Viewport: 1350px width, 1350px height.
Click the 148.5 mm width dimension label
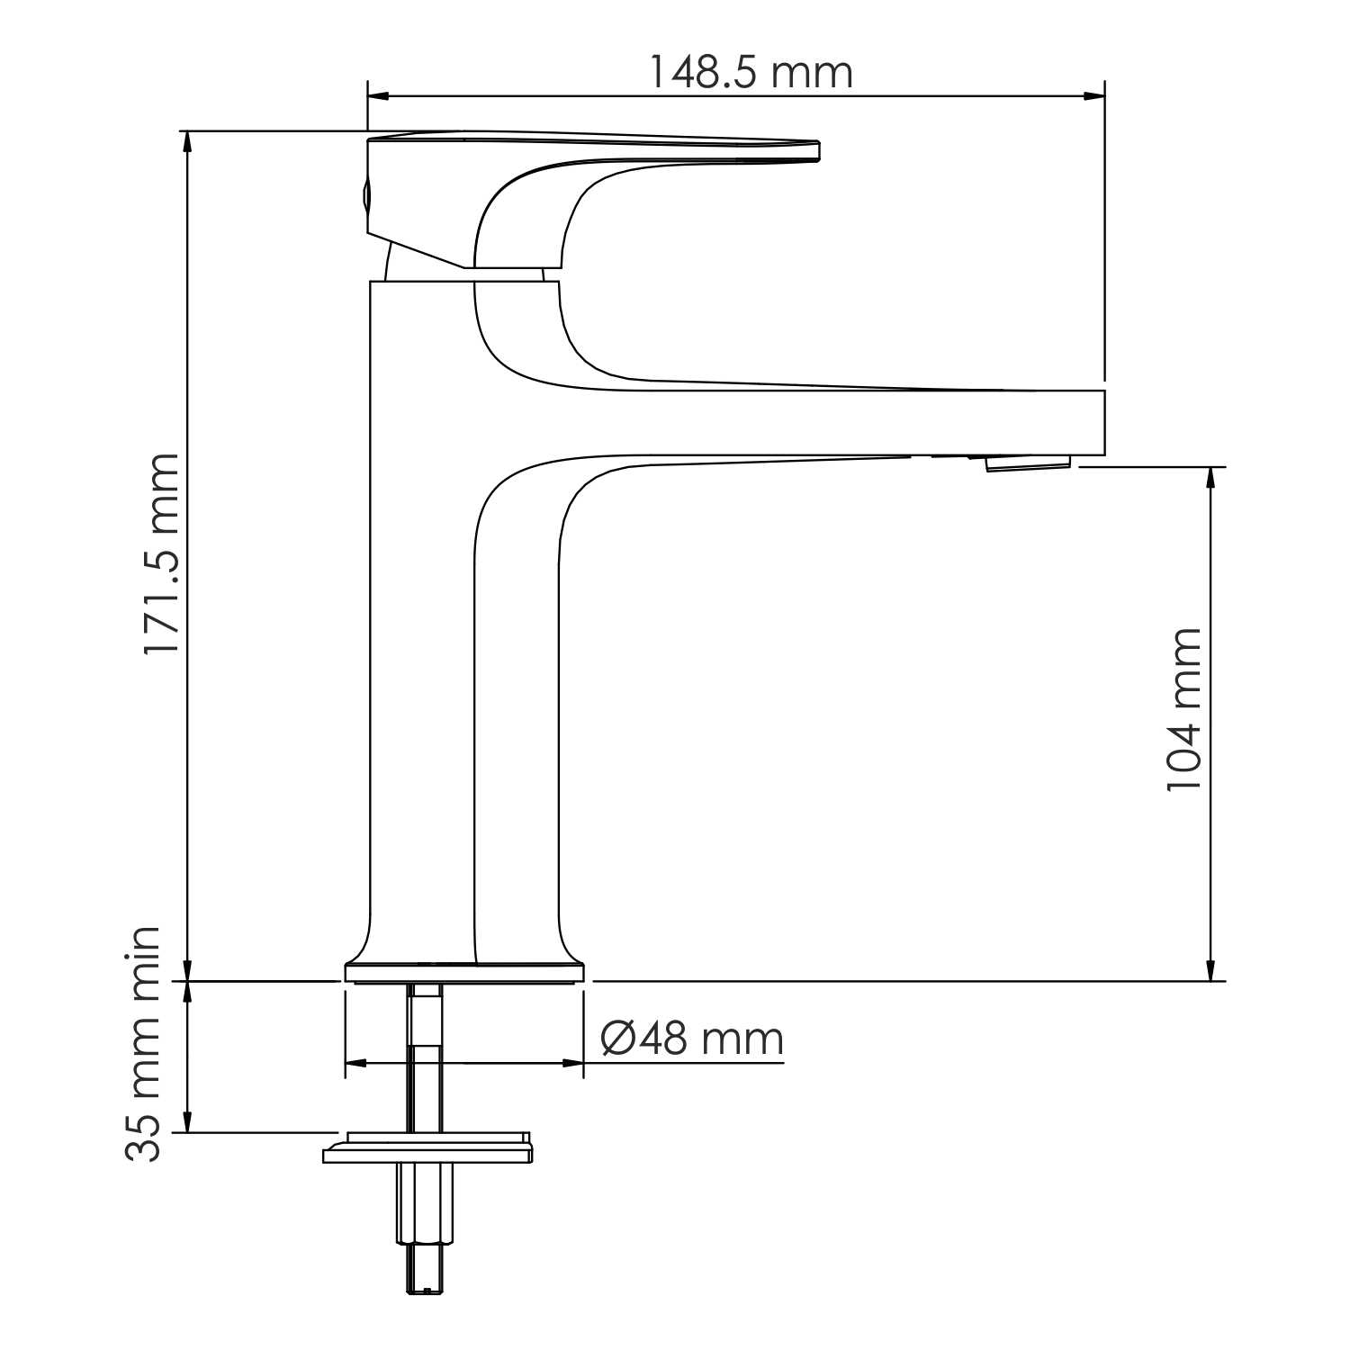[x=750, y=72]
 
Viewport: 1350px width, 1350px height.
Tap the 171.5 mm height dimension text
[x=163, y=553]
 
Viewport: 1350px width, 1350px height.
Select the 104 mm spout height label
[x=1184, y=710]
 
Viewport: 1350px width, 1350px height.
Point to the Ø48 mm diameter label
[x=692, y=1039]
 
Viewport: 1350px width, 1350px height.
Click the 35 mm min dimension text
[x=144, y=1044]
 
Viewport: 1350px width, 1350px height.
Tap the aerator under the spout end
[x=1028, y=463]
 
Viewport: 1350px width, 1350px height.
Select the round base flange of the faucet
[x=464, y=972]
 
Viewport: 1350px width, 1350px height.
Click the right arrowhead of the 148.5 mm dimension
[x=1094, y=95]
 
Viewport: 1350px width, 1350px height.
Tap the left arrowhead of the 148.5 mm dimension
[x=378, y=95]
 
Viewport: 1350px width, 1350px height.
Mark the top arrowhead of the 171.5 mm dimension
[x=187, y=141]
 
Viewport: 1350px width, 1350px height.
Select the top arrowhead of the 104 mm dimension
[x=1210, y=478]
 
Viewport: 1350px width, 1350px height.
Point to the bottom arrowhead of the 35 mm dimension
[x=187, y=1122]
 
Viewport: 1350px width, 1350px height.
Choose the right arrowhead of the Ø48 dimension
[x=572, y=1063]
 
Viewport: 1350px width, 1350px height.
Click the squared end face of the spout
[x=1102, y=423]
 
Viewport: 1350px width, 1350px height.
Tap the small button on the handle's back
[x=365, y=193]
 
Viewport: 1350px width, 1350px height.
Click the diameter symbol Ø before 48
[x=620, y=1039]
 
